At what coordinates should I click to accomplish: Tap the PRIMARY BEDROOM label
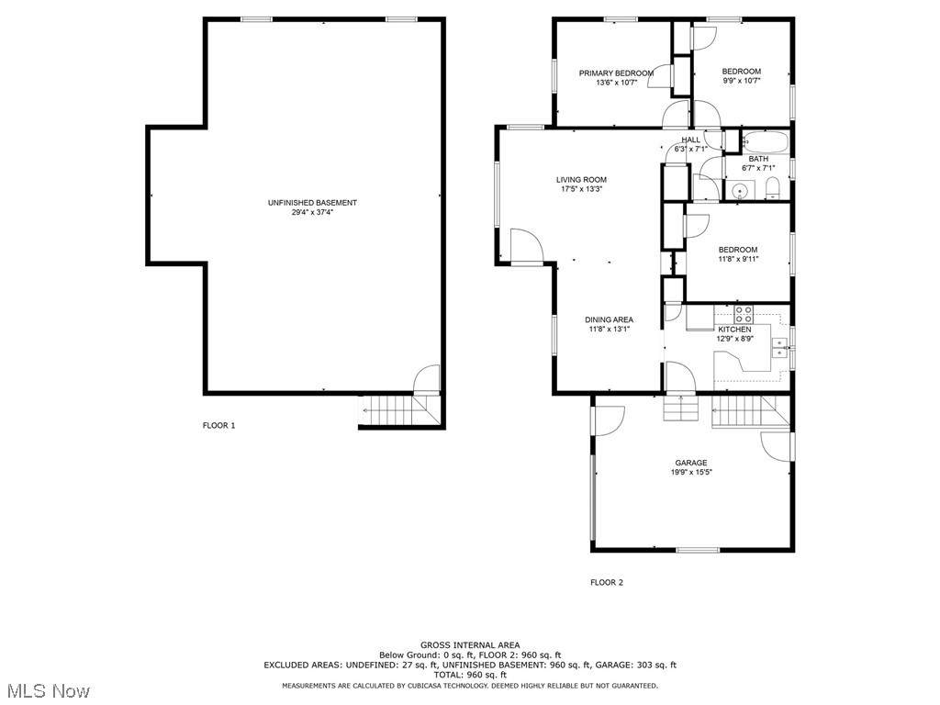pos(616,73)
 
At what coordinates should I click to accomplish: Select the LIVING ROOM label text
pos(581,180)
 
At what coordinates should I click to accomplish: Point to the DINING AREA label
pos(610,319)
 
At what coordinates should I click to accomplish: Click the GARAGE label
pos(691,463)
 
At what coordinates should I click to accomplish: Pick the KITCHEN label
pos(734,330)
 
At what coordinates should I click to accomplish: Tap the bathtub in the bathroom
pos(765,143)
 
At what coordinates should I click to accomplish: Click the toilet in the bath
pos(772,190)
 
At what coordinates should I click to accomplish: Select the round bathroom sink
pos(738,192)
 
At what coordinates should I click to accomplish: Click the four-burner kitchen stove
pos(743,314)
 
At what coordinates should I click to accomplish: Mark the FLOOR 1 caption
pos(219,425)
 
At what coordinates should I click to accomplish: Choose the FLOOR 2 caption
pos(607,582)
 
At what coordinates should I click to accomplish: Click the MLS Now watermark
pos(46,689)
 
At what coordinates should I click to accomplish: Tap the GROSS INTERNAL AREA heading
pos(469,644)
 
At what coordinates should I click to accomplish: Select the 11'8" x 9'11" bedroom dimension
pos(738,259)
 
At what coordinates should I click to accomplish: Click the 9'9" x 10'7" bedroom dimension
pos(742,81)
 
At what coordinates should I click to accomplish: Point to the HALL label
pos(690,140)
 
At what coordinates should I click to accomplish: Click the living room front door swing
pos(527,246)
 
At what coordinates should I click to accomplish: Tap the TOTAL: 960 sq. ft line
pos(469,675)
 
